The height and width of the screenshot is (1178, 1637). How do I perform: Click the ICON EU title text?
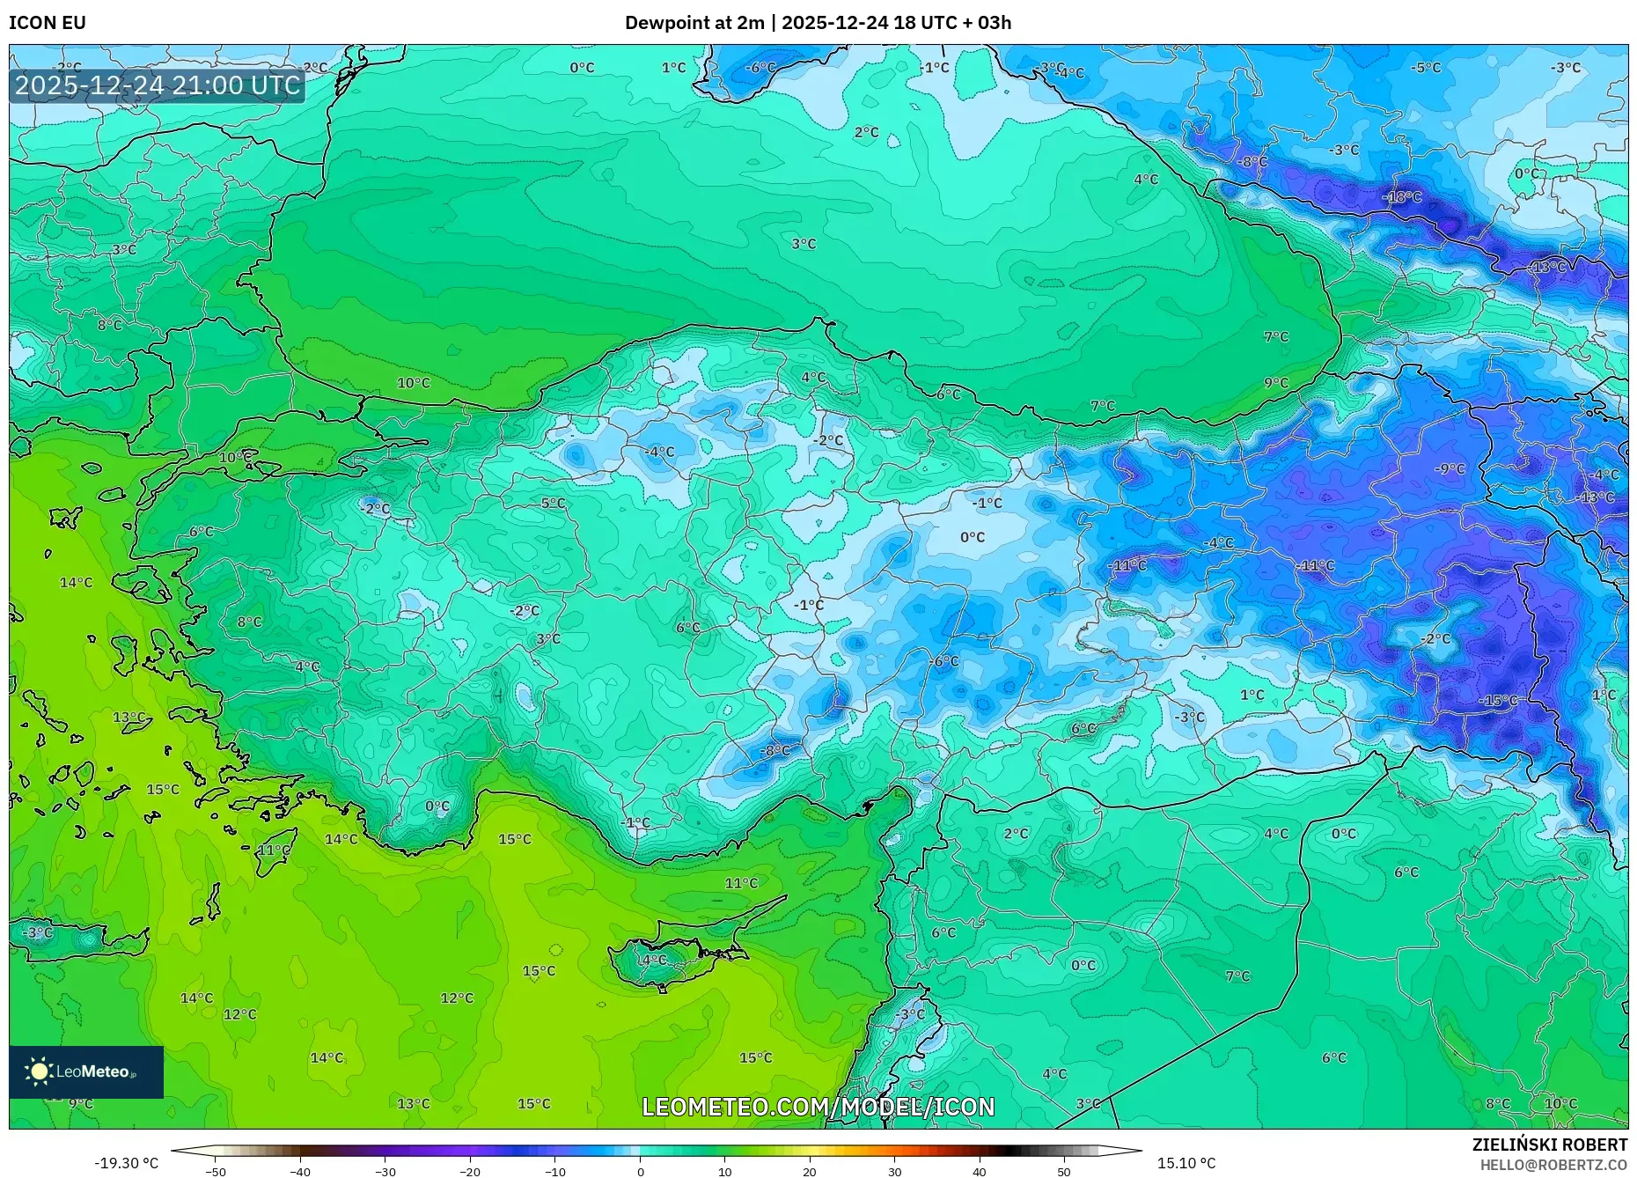coord(48,23)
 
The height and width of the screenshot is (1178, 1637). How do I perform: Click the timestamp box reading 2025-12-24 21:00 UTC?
coord(158,85)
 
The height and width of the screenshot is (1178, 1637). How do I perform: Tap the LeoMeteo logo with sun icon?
coord(85,1071)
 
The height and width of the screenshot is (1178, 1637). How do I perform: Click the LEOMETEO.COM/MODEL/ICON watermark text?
coord(818,1107)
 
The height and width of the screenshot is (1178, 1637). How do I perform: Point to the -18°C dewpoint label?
coord(1401,197)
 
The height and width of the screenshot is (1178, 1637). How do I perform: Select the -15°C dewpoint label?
coord(1498,701)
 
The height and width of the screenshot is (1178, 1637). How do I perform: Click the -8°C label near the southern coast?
coord(774,751)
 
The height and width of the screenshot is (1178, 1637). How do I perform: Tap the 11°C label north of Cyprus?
coord(741,883)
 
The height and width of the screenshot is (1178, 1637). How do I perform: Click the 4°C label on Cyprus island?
coord(654,960)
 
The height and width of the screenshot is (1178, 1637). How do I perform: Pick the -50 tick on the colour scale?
coord(216,1171)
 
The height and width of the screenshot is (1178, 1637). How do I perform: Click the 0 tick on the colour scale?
coord(640,1171)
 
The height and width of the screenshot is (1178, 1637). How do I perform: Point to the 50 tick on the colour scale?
coord(1064,1171)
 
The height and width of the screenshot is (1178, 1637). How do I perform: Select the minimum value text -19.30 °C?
coord(127,1163)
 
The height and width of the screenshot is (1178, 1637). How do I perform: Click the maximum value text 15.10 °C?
coord(1186,1163)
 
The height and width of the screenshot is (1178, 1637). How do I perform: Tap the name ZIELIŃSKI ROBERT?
coord(1549,1145)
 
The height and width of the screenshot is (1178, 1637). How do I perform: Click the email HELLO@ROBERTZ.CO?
coord(1553,1165)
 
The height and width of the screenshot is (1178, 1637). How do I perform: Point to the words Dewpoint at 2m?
coord(694,23)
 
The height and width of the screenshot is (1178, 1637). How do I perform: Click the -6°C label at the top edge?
coord(760,68)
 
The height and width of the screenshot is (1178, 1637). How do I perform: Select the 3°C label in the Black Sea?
coord(803,244)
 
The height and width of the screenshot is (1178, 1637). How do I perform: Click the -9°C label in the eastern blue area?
coord(1450,468)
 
